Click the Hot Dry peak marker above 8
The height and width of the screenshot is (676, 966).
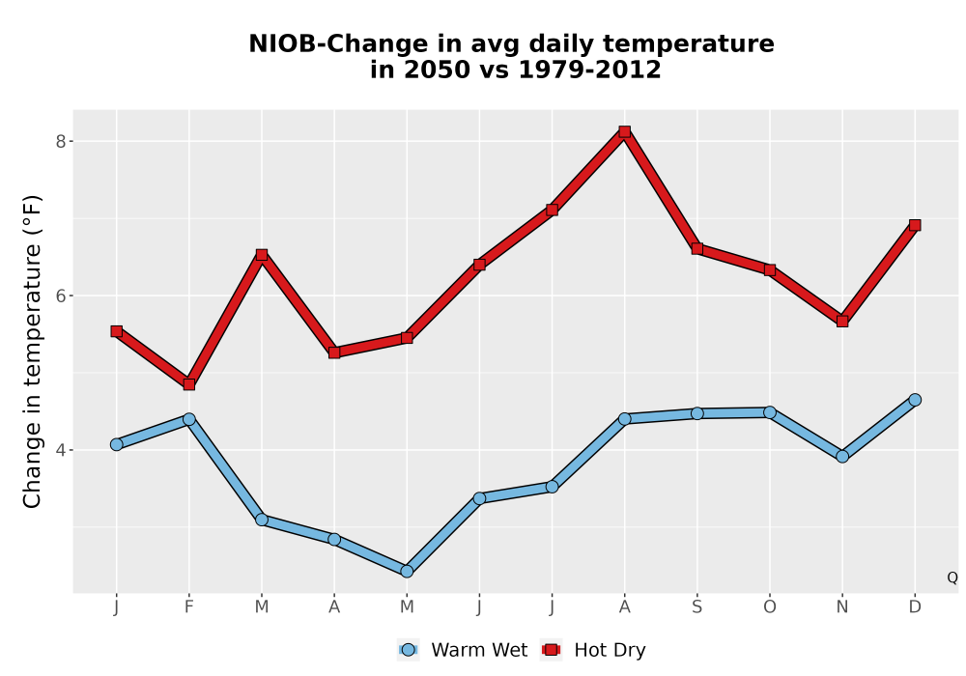[x=625, y=131]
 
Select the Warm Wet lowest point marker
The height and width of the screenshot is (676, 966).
[x=407, y=572]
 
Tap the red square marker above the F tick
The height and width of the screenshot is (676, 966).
[x=189, y=384]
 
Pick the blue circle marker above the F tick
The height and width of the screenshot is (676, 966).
[x=189, y=419]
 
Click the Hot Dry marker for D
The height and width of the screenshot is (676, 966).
[x=915, y=225]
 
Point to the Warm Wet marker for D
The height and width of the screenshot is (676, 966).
[x=915, y=400]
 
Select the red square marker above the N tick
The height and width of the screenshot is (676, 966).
[x=842, y=321]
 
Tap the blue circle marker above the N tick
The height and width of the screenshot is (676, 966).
[x=842, y=456]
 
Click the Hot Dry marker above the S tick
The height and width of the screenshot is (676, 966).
[x=696, y=248]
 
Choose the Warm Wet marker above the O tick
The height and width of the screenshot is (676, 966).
[x=770, y=412]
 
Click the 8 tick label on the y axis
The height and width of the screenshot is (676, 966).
[x=60, y=142]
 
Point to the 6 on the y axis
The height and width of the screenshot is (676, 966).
[x=60, y=296]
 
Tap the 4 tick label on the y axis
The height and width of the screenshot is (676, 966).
[x=60, y=450]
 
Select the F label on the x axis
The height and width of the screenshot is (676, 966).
[x=189, y=607]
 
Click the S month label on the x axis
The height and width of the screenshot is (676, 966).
[x=696, y=607]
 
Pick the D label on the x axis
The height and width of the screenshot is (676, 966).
[x=915, y=607]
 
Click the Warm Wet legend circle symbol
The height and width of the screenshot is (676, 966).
[x=408, y=650]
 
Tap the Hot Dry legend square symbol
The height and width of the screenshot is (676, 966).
[x=551, y=650]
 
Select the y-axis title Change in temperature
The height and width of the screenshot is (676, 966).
[x=32, y=352]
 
